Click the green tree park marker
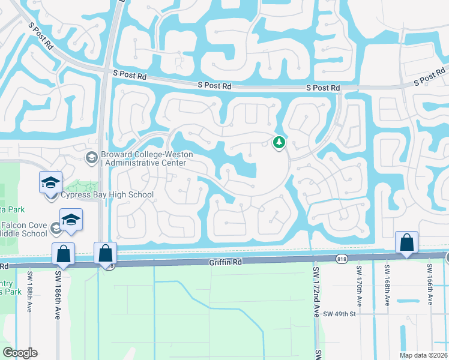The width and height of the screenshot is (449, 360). pyautogui.click(x=279, y=142)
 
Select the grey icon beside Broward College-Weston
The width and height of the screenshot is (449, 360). pyautogui.click(x=92, y=158)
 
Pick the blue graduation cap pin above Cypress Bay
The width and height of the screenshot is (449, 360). pyautogui.click(x=50, y=182)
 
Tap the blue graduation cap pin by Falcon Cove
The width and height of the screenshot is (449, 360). pyautogui.click(x=71, y=220)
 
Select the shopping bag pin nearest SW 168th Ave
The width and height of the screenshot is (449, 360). pyautogui.click(x=406, y=242)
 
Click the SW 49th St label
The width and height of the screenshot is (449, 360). pyautogui.click(x=340, y=313)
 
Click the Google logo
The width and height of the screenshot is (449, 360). pyautogui.click(x=20, y=353)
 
